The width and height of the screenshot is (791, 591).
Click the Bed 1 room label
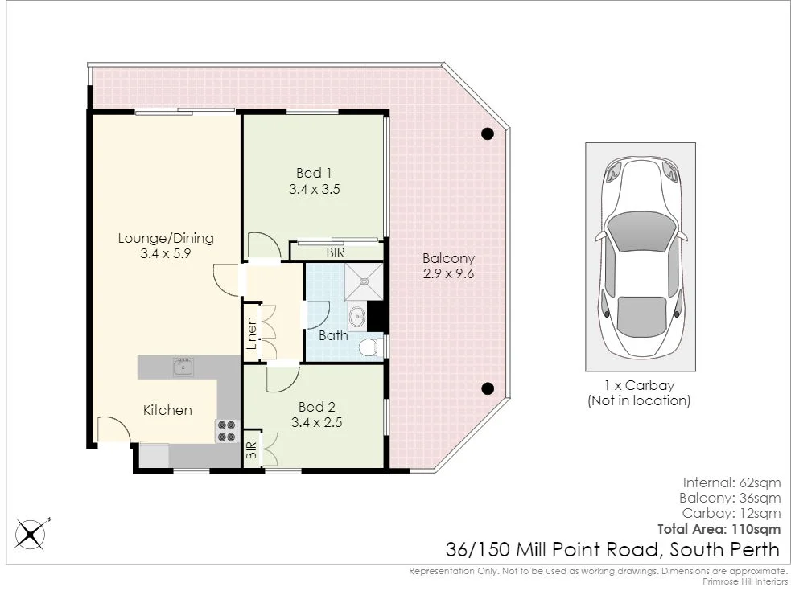pos(314,173)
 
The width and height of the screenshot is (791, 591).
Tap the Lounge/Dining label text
pos(166,238)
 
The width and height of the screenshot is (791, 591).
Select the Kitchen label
pos(167,410)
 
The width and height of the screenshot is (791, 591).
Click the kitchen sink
pos(183,367)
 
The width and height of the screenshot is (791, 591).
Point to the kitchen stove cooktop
pos(226,430)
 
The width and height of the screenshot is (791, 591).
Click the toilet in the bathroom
pos(369,347)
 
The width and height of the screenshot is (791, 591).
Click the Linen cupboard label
pos(252,333)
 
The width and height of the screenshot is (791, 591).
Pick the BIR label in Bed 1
pos(336,252)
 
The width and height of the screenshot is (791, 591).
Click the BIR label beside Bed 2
pos(251,450)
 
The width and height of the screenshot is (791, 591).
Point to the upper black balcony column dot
pos(487,134)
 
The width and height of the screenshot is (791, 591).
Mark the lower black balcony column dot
pos(487,388)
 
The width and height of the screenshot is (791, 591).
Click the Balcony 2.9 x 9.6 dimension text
pos(449,273)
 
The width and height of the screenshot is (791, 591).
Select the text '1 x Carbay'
pos(639,385)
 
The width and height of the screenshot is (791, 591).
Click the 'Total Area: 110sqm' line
pos(719,529)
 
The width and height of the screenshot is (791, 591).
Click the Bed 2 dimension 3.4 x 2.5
pos(315,421)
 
